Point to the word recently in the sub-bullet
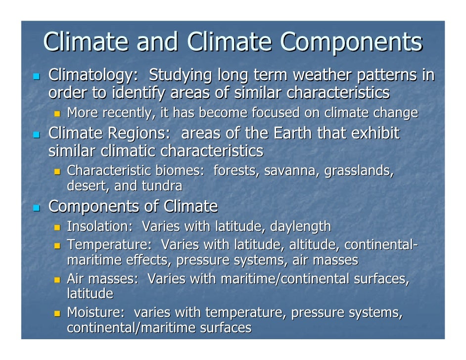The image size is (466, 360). point(128,113)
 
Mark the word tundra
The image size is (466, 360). point(162,186)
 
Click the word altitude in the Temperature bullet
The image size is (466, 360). point(313,245)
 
